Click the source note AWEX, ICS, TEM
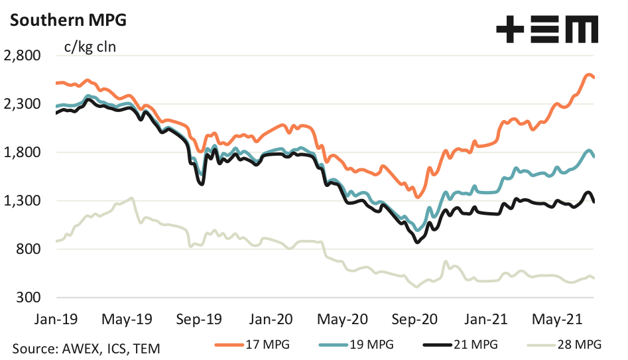(x=86, y=347)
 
